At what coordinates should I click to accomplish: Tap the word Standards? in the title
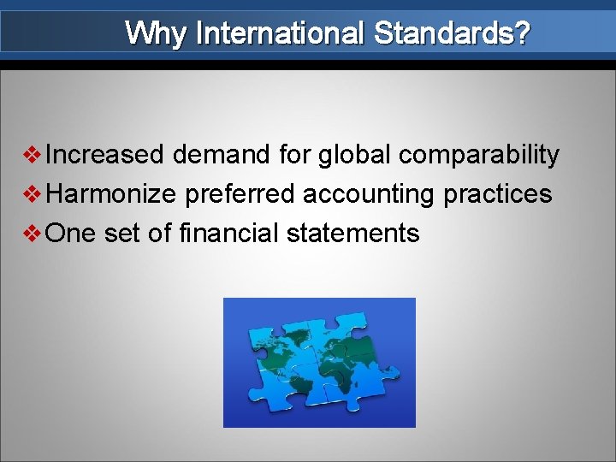pyautogui.click(x=452, y=34)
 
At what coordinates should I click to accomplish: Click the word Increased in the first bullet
pyautogui.click(x=104, y=155)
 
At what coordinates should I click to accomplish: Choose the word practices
pyautogui.click(x=497, y=194)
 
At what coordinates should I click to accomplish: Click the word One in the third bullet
pyautogui.click(x=70, y=233)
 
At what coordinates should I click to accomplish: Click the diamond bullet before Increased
pyautogui.click(x=34, y=156)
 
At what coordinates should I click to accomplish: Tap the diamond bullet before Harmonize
pyautogui.click(x=34, y=194)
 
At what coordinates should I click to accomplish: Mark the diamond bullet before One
pyautogui.click(x=34, y=233)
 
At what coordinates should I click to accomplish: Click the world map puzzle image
pyautogui.click(x=319, y=362)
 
